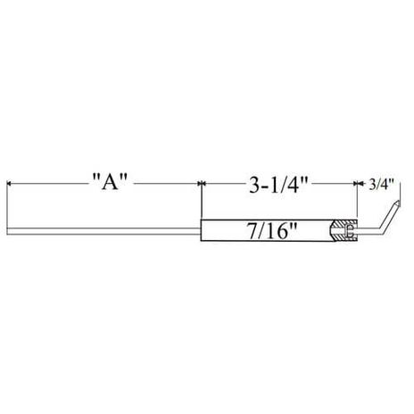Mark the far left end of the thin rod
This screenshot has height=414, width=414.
tap(9, 235)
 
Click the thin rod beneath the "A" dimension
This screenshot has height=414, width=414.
tap(104, 235)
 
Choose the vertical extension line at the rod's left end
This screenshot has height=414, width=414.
tap(8, 205)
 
